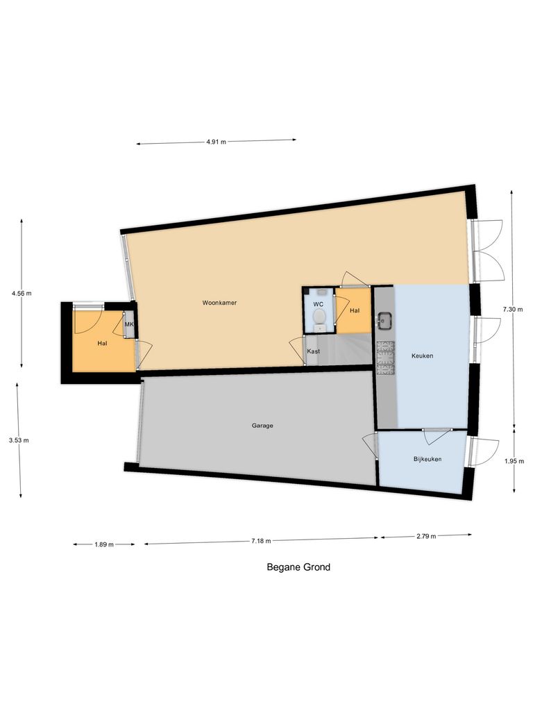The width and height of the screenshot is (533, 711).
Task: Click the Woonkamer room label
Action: pyautogui.click(x=219, y=303)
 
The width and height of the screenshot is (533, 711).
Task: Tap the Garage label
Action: pyautogui.click(x=262, y=426)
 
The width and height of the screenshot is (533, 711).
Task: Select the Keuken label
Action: pyautogui.click(x=422, y=355)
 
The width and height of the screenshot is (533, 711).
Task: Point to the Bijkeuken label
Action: pyautogui.click(x=428, y=460)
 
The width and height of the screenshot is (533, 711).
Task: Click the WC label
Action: pyautogui.click(x=319, y=305)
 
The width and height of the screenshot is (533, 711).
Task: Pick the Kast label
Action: pyautogui.click(x=314, y=351)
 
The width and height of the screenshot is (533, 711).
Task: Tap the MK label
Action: pyautogui.click(x=129, y=324)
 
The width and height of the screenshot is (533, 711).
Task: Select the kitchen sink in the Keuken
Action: pyautogui.click(x=385, y=321)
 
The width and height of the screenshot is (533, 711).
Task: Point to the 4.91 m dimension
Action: pyautogui.click(x=216, y=142)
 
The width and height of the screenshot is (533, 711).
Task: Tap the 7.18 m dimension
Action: pyautogui.click(x=261, y=541)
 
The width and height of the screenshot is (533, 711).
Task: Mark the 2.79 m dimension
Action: pyautogui.click(x=426, y=535)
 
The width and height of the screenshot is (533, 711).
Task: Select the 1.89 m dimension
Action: pyautogui.click(x=104, y=544)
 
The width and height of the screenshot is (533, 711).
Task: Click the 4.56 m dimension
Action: pyautogui.click(x=22, y=293)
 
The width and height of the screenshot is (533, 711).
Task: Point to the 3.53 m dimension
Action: pyautogui.click(x=19, y=440)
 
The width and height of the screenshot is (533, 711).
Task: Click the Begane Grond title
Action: pyautogui.click(x=298, y=567)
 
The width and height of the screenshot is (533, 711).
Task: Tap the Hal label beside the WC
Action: pyautogui.click(x=355, y=310)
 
